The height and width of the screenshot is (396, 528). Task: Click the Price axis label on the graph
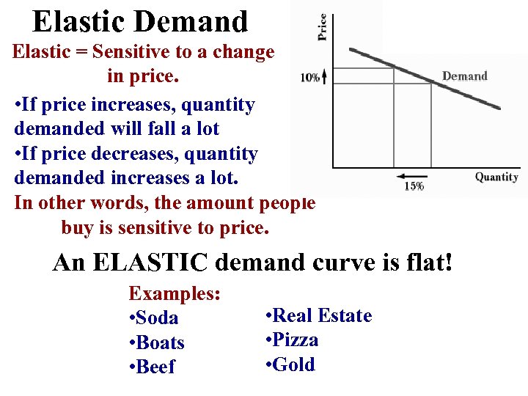(321, 27)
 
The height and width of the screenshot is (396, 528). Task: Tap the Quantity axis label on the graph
(496, 177)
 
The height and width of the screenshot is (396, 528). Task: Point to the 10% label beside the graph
(309, 78)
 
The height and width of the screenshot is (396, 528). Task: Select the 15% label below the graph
(414, 186)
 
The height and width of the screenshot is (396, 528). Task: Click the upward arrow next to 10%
(324, 76)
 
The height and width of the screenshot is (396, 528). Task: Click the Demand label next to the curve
(464, 76)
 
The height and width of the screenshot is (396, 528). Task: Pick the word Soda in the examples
(157, 318)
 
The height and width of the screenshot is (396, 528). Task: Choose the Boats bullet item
(160, 343)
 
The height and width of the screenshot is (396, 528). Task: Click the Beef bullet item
(155, 367)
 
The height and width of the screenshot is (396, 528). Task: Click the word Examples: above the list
(175, 294)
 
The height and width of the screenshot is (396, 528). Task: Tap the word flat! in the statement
(428, 263)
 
